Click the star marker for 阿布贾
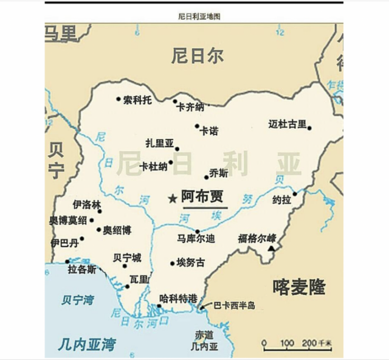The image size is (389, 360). (x=173, y=198)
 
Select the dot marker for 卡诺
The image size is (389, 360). (x=197, y=126)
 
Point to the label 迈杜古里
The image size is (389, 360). (x=287, y=125)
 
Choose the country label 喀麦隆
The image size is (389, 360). (x=299, y=286)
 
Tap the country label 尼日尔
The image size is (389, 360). (x=197, y=56)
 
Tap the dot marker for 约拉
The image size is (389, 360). (x=294, y=195)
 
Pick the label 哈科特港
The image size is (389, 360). (x=178, y=298)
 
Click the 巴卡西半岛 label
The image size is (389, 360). (x=234, y=306)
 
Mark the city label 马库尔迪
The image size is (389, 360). (x=196, y=239)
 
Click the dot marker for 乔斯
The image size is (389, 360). (x=206, y=178)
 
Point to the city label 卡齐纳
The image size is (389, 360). (x=190, y=107)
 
